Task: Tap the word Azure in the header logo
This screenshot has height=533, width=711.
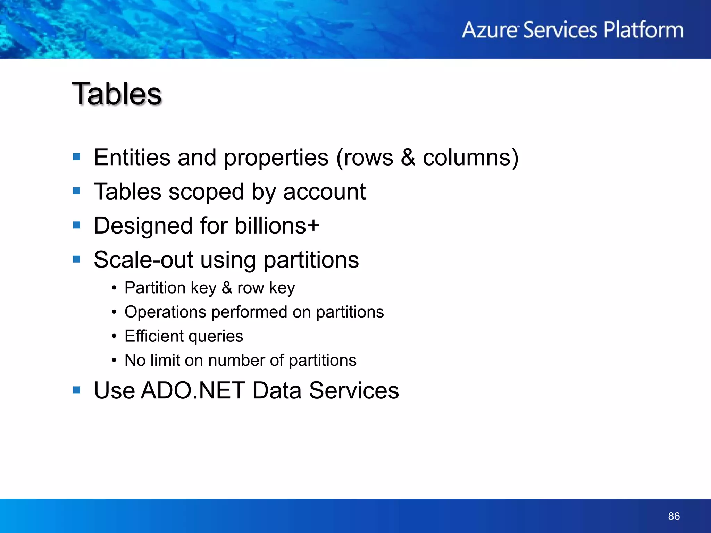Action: (490, 30)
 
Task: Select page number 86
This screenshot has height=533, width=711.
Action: (674, 516)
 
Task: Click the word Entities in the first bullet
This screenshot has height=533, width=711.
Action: (132, 158)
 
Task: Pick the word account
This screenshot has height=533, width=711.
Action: (324, 192)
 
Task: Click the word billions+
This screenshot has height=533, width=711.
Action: (277, 226)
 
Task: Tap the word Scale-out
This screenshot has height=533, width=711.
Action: (143, 260)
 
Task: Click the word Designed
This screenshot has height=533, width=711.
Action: (143, 226)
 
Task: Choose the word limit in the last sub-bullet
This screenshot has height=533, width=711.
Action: (165, 360)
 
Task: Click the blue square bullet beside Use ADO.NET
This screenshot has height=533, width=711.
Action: (77, 390)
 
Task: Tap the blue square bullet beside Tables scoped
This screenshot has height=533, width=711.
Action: (77, 191)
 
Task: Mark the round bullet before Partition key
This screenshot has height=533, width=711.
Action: (114, 288)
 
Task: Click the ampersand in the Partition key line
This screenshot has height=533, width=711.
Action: (227, 288)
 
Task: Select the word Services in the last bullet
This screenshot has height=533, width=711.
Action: (354, 390)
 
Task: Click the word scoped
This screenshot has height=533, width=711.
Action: (206, 192)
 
